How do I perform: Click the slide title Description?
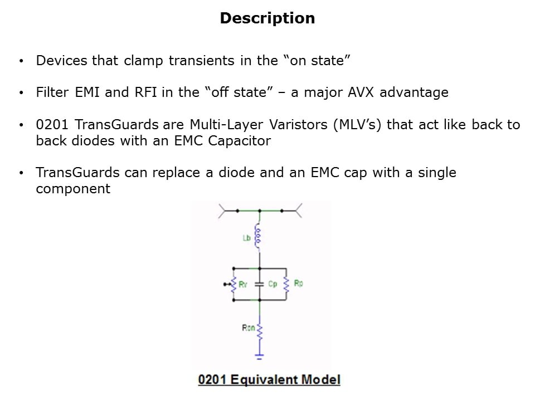click(x=267, y=18)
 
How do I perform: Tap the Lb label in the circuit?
click(x=246, y=238)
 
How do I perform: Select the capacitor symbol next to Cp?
click(x=259, y=284)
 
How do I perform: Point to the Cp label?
click(x=273, y=284)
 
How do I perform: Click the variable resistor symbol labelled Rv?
click(x=234, y=284)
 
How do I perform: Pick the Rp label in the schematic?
click(x=299, y=283)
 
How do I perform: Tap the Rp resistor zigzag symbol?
click(x=287, y=284)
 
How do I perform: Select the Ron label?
click(x=248, y=328)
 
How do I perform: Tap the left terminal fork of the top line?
click(x=223, y=211)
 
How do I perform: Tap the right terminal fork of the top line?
click(x=298, y=211)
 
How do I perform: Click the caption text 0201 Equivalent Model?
click(x=269, y=380)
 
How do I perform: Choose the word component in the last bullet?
click(x=73, y=189)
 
